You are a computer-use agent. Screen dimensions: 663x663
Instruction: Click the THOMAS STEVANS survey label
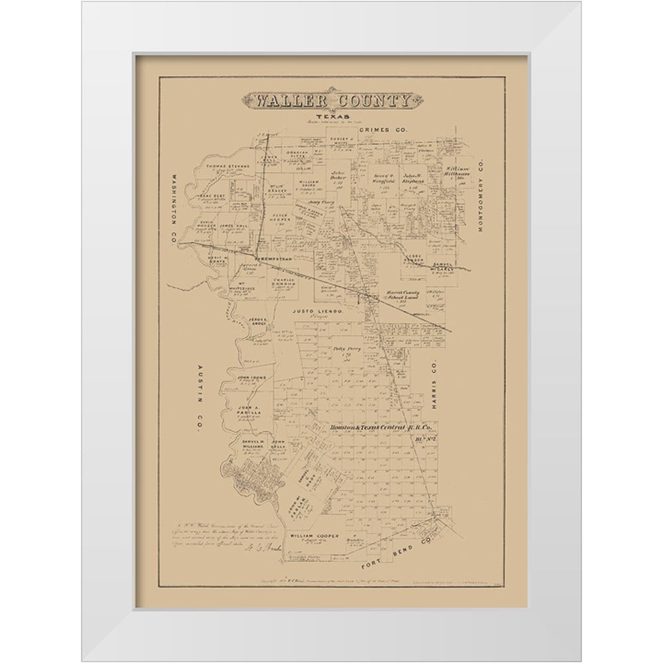(x=227, y=166)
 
